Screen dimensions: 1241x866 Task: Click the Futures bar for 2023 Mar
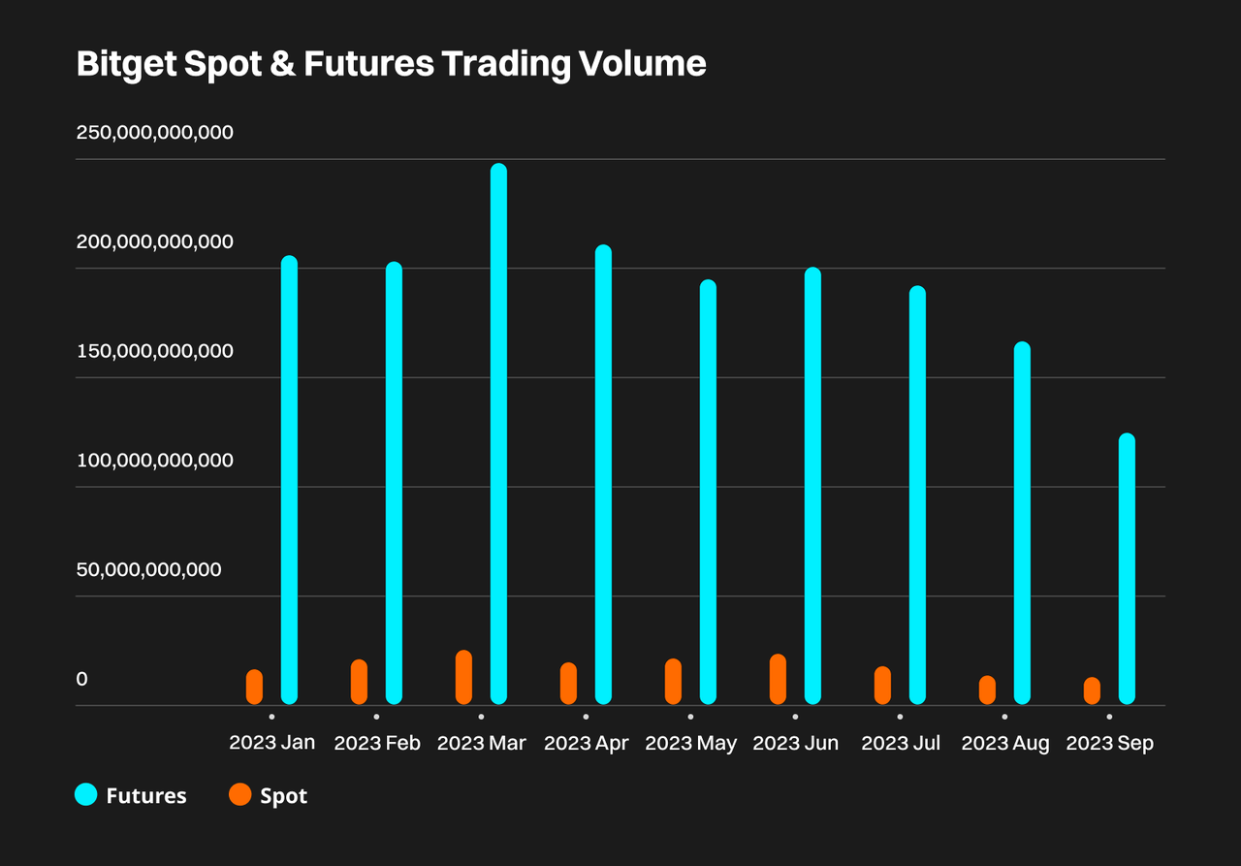498,433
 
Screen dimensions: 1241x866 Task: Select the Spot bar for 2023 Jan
254,687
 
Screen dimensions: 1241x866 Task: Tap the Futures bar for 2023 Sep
1127,569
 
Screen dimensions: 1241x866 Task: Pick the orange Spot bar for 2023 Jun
778,679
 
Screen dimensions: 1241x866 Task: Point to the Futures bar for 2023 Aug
1022,523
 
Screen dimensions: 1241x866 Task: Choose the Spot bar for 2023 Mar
463,677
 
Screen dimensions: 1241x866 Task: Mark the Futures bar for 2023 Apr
603,474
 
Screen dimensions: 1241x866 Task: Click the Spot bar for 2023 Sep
1092,690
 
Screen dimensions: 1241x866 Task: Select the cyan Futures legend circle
86,794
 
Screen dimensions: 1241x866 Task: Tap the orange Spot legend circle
239,794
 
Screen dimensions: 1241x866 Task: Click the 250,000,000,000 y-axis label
154,133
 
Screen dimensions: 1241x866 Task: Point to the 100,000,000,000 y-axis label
154,461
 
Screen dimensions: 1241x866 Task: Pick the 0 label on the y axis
82,679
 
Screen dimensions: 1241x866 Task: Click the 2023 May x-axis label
691,743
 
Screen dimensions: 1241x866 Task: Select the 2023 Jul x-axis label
901,743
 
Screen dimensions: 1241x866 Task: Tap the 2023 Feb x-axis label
377,743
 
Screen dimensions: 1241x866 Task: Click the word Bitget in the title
127,64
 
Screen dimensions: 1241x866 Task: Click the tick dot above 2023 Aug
1005,717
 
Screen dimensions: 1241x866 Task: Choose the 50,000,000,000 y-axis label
148,569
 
